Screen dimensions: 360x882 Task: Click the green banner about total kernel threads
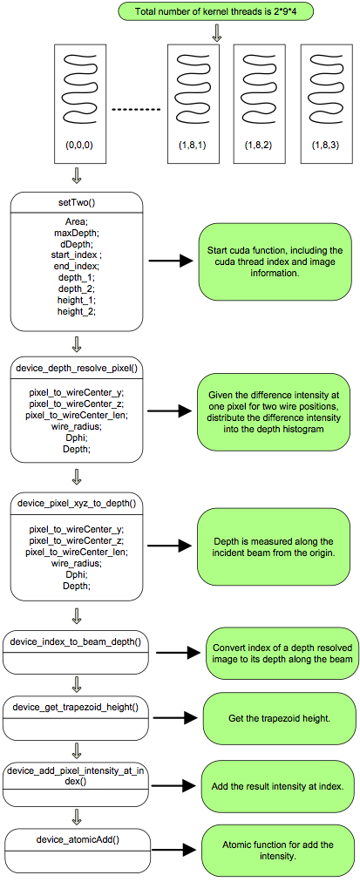216,10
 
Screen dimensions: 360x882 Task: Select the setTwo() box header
77,202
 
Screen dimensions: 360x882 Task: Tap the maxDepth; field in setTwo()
77,233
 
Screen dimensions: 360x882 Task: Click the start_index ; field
77,253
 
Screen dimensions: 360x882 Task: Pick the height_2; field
77,311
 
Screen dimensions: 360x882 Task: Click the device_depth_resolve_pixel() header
77,369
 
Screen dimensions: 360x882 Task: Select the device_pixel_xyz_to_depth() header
77,503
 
